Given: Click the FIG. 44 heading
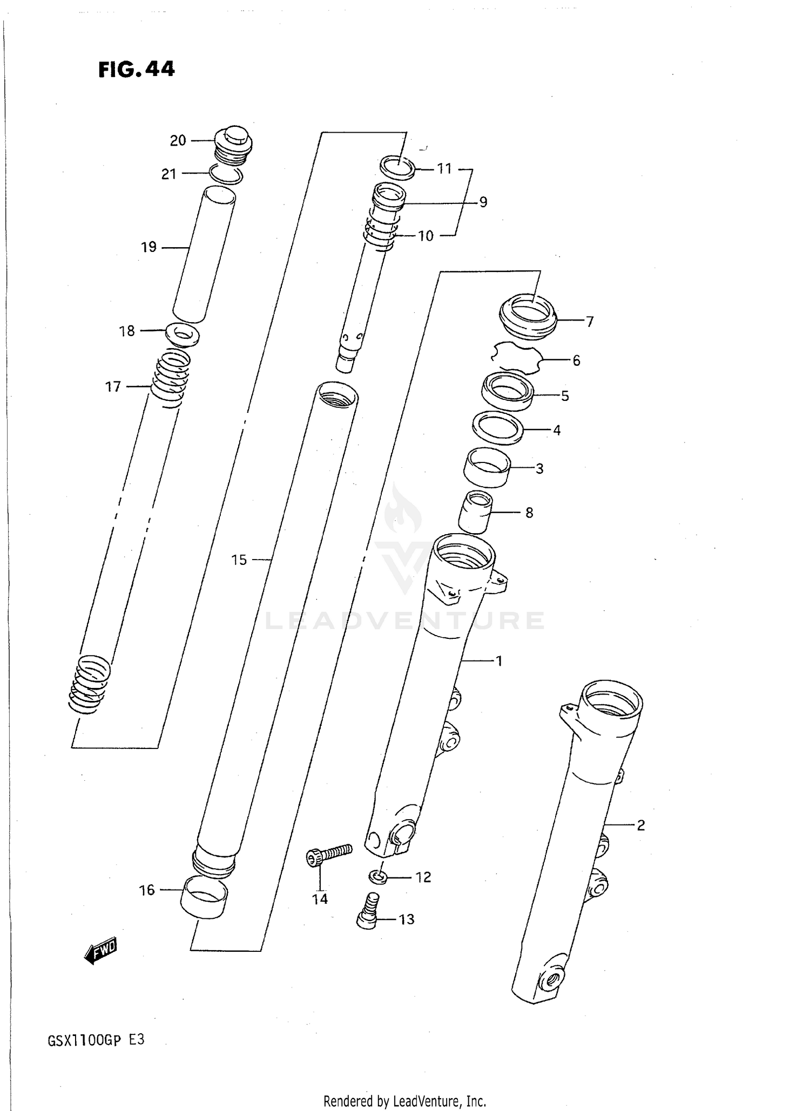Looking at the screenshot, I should click(x=136, y=69).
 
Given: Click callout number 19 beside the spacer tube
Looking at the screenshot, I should click(x=148, y=247).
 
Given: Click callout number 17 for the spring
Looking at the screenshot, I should click(x=113, y=387).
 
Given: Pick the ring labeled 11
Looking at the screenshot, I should click(x=397, y=167).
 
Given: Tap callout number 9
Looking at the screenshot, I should click(x=483, y=202).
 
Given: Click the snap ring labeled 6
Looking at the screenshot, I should click(x=516, y=357).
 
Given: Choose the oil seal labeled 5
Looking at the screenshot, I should click(x=508, y=392).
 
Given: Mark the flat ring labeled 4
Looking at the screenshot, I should click(x=498, y=427).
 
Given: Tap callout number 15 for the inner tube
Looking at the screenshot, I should click(x=239, y=560).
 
